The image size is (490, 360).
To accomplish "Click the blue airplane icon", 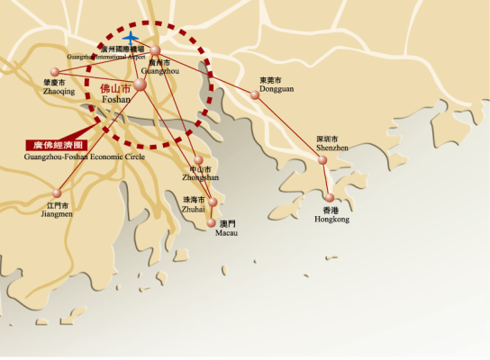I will click(x=132, y=39).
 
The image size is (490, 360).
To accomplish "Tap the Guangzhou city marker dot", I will click(x=155, y=50).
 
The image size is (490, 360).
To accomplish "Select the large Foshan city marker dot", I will click(x=140, y=84).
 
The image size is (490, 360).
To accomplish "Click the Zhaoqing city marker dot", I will click(x=55, y=71).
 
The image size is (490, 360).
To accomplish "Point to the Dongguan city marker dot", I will click(x=255, y=94).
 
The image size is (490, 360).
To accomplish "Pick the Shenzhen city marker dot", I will click(x=322, y=160).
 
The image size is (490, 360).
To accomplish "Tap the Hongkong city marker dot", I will click(x=330, y=197).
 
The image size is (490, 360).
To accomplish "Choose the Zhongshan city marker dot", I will click(x=198, y=159).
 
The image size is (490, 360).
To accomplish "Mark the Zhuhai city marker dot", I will click(x=213, y=202).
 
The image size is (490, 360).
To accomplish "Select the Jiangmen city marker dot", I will click(x=58, y=191).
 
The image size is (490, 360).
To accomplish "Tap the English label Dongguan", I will click(x=276, y=87).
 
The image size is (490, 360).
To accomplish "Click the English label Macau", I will click(x=226, y=232).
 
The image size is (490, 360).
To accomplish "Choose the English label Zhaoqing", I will click(x=59, y=91).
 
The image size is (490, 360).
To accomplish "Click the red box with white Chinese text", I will click(x=57, y=144).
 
